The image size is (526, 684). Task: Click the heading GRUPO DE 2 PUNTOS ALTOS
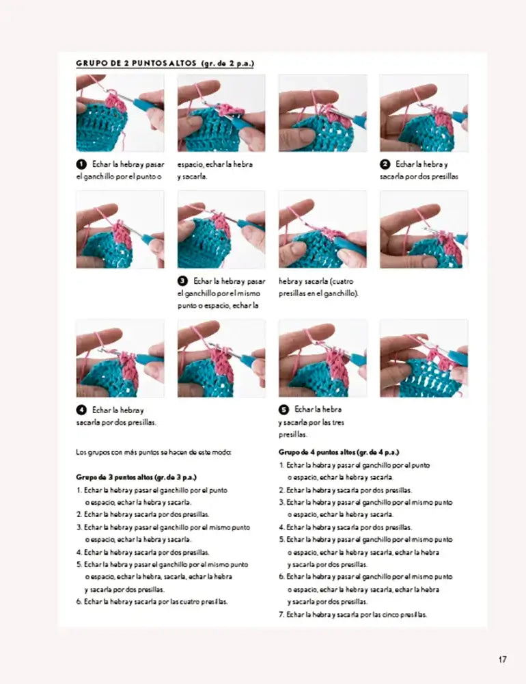tap(165, 64)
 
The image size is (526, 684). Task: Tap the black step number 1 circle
tap(81, 164)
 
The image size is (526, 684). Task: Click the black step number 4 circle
tap(81, 410)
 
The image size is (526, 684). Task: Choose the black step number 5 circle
tap(283, 410)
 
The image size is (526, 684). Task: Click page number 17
tap(502, 660)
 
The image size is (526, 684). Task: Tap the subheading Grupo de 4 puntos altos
tap(339, 452)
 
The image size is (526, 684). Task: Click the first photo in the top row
tap(120, 113)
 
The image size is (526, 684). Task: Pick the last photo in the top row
tap(424, 113)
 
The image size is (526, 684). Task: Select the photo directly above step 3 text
tap(221, 230)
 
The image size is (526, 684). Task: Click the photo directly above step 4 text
tap(120, 358)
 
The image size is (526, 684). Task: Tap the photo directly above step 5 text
tap(322, 358)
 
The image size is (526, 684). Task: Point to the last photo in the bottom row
tap(424, 358)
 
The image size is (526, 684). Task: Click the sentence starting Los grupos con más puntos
tap(154, 452)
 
